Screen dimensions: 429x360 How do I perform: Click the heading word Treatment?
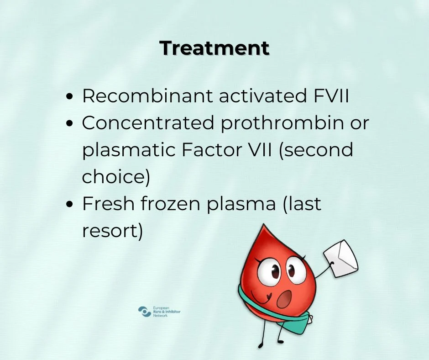pos(214,48)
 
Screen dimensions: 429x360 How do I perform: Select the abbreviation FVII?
pos(331,95)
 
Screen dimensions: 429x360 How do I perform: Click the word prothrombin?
pos(282,123)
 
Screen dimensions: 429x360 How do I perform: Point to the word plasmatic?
pos(129,150)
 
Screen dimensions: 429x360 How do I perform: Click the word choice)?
pos(116,177)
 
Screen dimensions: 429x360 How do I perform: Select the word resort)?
pos(112,231)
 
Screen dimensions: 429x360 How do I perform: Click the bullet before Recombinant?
pos(70,97)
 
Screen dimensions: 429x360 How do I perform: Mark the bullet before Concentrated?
pos(70,123)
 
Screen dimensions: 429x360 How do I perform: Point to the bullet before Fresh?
pos(70,204)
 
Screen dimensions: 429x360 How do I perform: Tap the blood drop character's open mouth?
pos(284,299)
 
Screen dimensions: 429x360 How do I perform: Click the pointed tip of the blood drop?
pos(263,225)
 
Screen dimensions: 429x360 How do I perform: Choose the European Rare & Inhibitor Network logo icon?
pos(145,312)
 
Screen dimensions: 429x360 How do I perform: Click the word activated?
pos(263,95)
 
